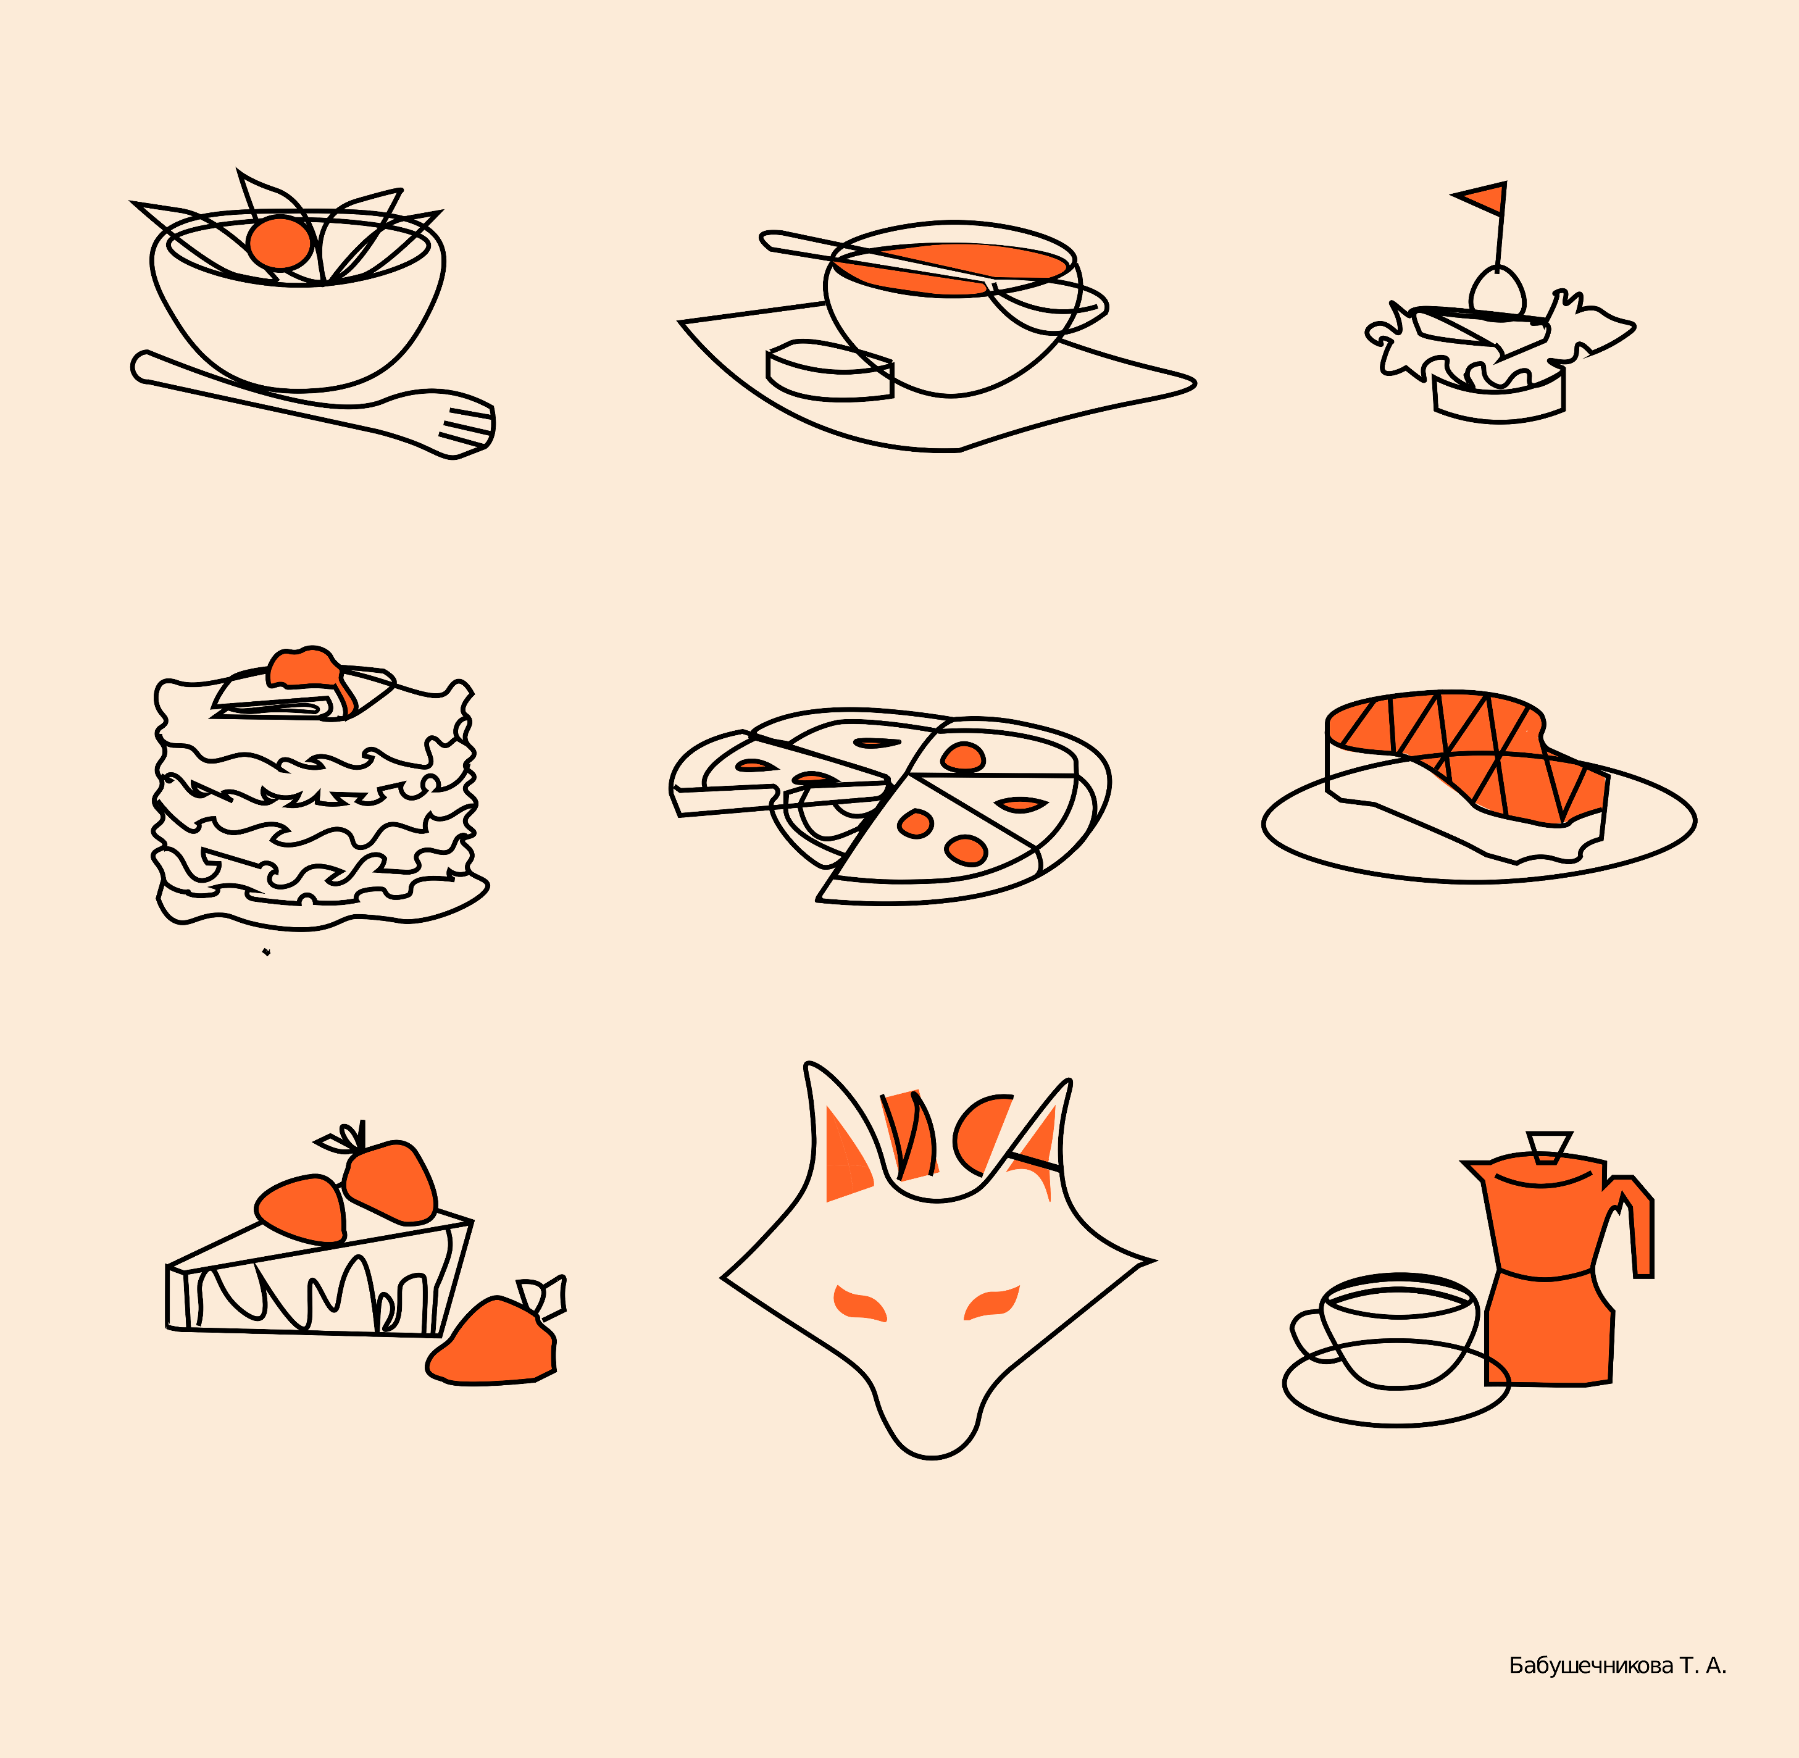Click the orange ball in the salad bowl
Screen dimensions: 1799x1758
pyautogui.click(x=279, y=242)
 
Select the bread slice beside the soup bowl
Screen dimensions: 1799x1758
pyautogui.click(x=829, y=371)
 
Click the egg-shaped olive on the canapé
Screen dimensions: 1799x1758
pyautogui.click(x=1497, y=291)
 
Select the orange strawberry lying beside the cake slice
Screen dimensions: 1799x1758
pyautogui.click(x=494, y=1341)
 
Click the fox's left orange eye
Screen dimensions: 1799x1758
pyautogui.click(x=859, y=1303)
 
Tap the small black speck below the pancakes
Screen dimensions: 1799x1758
pyautogui.click(x=266, y=952)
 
